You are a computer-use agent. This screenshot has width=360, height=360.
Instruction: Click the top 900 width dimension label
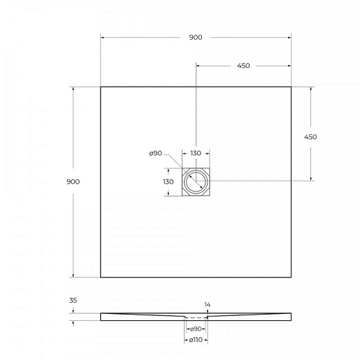(x=196, y=37)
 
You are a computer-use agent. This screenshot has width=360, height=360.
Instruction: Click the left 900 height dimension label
(x=73, y=182)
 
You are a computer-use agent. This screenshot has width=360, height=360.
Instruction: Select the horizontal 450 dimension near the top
(x=243, y=66)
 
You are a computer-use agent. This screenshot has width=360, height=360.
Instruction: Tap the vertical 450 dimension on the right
(x=310, y=137)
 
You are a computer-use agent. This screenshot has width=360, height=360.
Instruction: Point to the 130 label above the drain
(x=196, y=153)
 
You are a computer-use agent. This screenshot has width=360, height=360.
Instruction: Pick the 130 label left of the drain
(x=168, y=182)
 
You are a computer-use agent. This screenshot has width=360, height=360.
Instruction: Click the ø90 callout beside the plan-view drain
(x=156, y=153)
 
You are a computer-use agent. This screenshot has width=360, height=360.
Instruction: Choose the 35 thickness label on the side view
(x=73, y=301)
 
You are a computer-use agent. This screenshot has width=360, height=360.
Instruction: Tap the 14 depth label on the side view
(x=208, y=305)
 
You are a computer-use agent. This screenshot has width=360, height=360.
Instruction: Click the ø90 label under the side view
(x=196, y=329)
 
